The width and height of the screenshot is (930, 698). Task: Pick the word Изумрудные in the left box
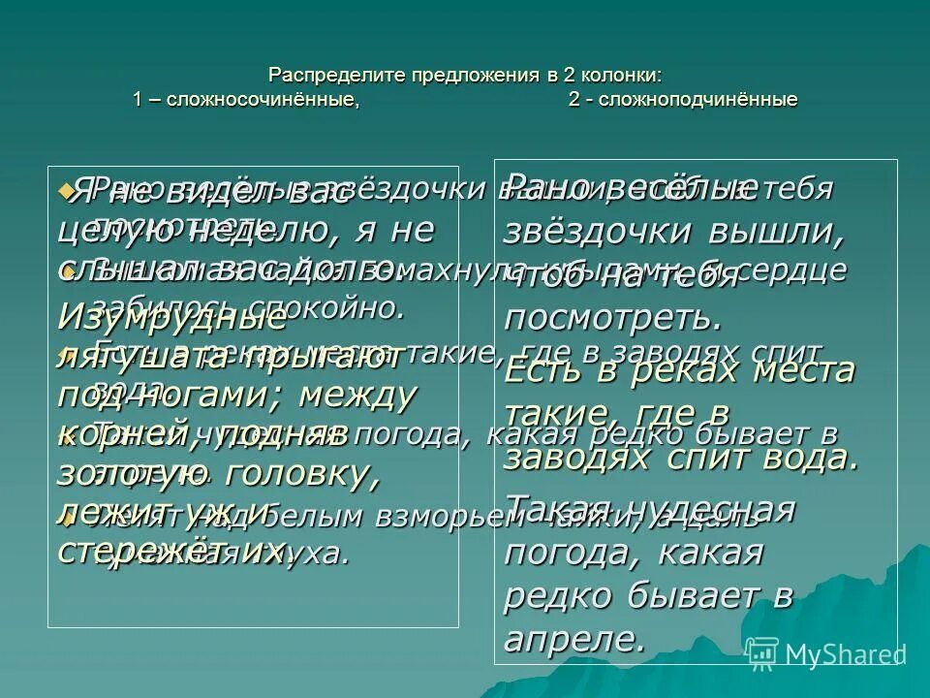tap(161, 316)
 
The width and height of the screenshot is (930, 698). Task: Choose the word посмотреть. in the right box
tap(613, 317)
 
